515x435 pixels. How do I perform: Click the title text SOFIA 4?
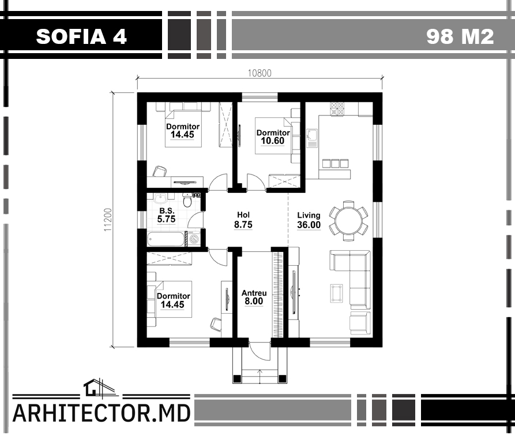pos(81,36)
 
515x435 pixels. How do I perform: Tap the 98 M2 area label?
pos(460,36)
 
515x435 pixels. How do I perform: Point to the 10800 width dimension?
pos(260,73)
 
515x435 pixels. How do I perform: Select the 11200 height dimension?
pos(108,220)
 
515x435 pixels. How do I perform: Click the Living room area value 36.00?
pos(309,225)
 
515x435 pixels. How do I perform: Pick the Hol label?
pos(243,215)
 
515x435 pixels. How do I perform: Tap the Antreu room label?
pos(254,293)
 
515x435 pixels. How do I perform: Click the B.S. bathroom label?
pos(167,211)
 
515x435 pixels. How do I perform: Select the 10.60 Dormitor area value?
pos(272,141)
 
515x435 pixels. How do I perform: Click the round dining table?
pos(348,221)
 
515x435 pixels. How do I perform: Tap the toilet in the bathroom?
pos(187,199)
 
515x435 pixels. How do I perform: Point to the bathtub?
pos(166,239)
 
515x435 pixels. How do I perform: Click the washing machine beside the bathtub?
pos(194,239)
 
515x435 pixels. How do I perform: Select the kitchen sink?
pos(311,138)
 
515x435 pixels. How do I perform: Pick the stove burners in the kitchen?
pos(337,109)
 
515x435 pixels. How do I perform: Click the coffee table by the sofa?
pos(336,293)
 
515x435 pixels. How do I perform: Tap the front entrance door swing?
pos(260,351)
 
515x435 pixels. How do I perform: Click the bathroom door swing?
pos(195,220)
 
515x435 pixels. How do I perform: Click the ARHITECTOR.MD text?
pos(102,413)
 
